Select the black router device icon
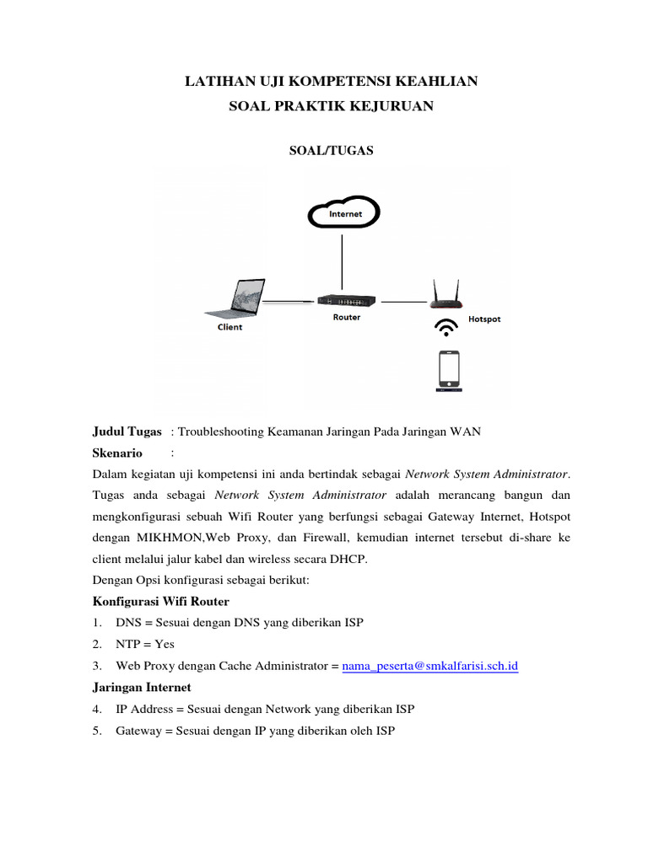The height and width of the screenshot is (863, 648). [346, 301]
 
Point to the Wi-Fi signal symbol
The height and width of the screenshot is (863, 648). [445, 326]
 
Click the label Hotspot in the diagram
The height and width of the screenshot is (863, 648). [484, 320]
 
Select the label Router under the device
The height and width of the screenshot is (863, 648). [346, 318]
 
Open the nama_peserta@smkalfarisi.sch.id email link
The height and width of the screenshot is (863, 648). [429, 666]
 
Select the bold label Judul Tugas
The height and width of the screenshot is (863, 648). [127, 431]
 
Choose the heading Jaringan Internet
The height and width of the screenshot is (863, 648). [140, 687]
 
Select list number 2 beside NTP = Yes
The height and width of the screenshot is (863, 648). [96, 644]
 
